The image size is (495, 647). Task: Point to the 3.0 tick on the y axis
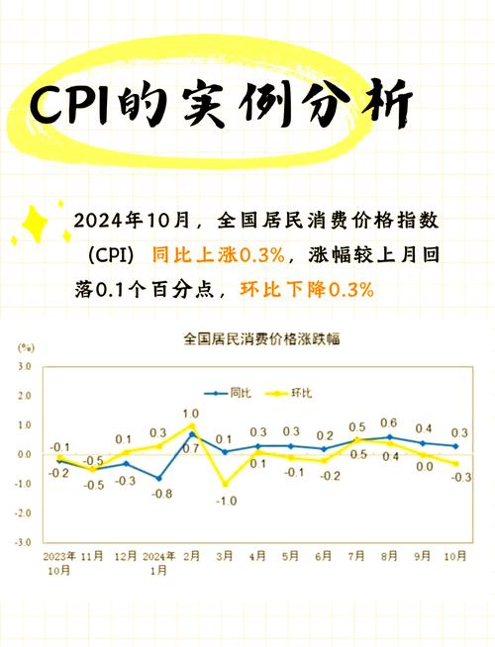pyautogui.click(x=25, y=366)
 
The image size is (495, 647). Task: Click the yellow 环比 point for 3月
pyautogui.click(x=225, y=484)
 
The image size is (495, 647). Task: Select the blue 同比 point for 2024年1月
pyautogui.click(x=158, y=478)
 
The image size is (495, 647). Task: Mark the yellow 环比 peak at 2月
pyautogui.click(x=191, y=425)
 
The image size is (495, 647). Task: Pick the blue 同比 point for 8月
pyautogui.click(x=390, y=436)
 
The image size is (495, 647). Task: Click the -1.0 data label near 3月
pyautogui.click(x=225, y=502)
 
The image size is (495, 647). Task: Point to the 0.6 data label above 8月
pyautogui.click(x=389, y=422)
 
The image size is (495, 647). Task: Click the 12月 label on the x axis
pyautogui.click(x=125, y=557)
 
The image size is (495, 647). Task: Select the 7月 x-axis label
pyautogui.click(x=356, y=557)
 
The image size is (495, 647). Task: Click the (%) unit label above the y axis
pyautogui.click(x=26, y=348)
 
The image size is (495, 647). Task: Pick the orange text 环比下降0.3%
pyautogui.click(x=308, y=290)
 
